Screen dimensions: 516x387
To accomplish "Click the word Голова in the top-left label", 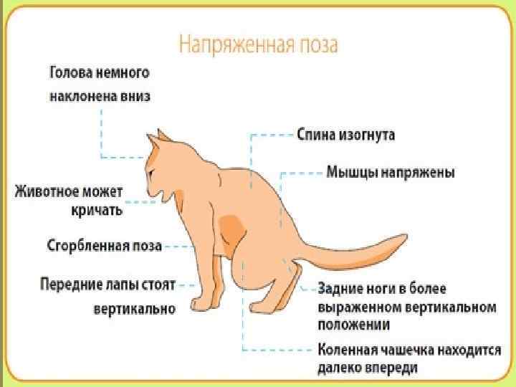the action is (71, 73).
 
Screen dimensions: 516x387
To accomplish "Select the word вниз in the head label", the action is (133, 96).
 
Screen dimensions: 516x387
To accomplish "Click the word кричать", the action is (97, 211).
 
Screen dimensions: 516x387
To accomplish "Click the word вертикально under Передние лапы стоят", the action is (134, 309).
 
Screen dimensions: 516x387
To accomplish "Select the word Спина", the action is (319, 134).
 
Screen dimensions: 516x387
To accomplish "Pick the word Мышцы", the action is (350, 173).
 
